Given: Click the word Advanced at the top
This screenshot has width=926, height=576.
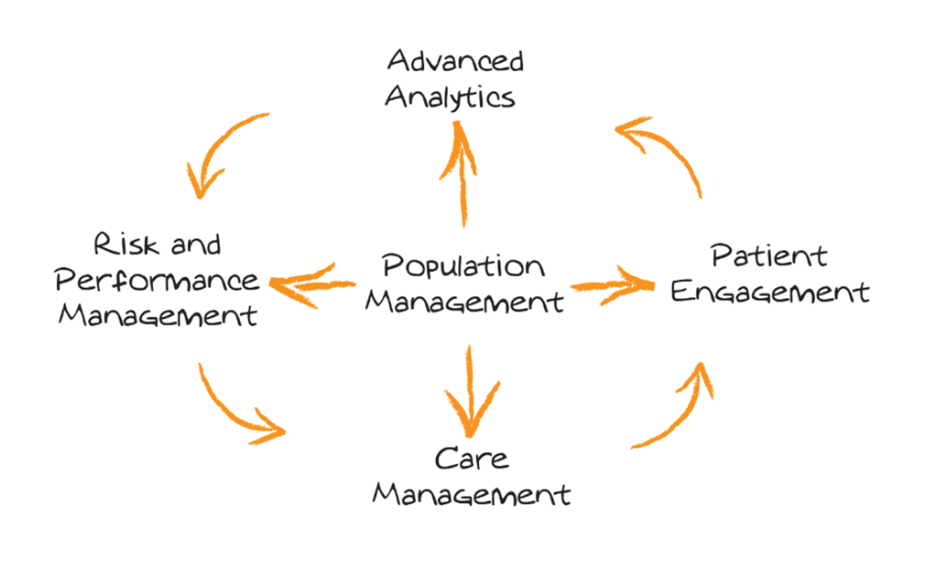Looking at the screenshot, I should coord(455,61).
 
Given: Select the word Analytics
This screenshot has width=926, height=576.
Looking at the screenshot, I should coord(450,97).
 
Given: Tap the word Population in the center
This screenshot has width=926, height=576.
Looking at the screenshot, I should coord(463,267).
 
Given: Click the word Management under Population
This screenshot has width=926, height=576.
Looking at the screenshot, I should coord(464,302).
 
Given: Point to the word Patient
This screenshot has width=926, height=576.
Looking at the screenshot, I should coord(769,256).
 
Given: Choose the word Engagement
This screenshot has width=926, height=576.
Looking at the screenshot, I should coord(770,291).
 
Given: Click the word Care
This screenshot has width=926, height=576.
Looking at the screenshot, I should coord(471,459).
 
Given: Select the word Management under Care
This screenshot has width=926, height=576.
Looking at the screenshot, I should coord(471,495).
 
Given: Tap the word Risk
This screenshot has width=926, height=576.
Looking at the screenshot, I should coord(126,244).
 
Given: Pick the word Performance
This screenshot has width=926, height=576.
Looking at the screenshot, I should coord(157,280).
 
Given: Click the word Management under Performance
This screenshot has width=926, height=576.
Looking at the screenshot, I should coord(157,316).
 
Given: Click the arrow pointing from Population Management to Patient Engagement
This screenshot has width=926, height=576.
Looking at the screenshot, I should coord(613,285).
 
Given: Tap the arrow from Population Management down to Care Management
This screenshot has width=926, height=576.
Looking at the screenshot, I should coord(470,394).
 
